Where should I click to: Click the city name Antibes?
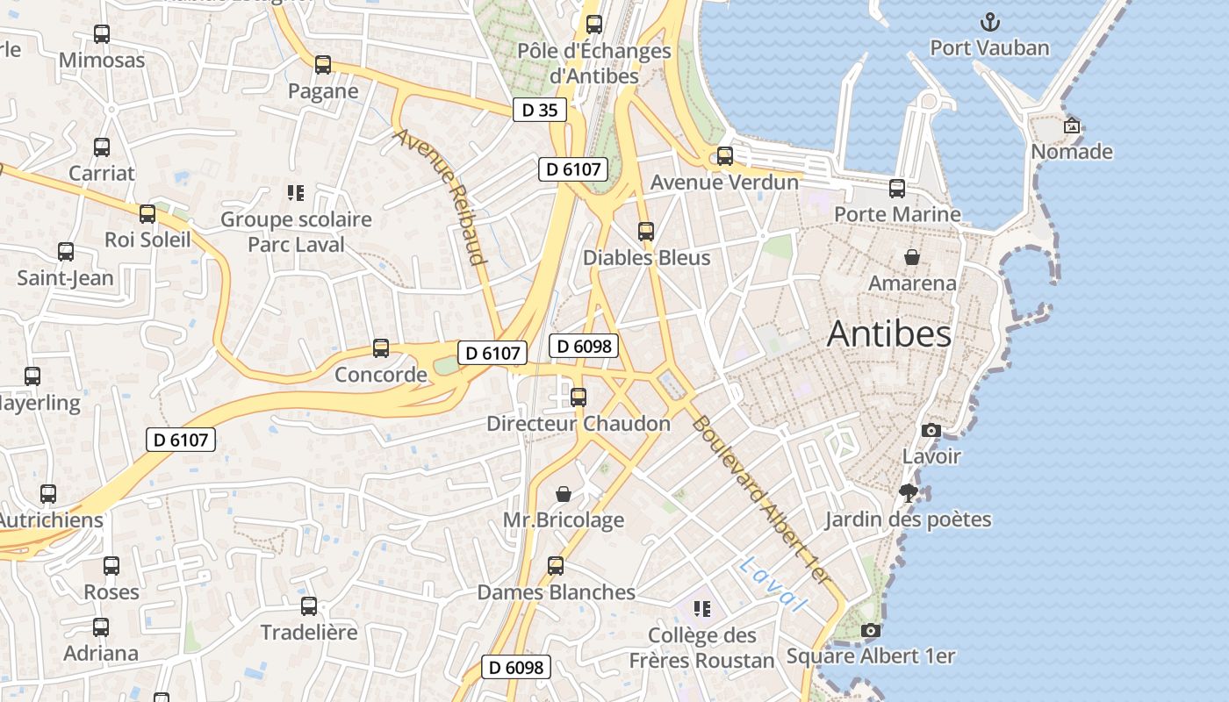[888, 334]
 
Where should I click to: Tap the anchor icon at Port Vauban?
[990, 22]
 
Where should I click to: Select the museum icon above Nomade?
[1071, 125]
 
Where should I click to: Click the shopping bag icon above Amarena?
[912, 257]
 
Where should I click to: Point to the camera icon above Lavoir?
[931, 430]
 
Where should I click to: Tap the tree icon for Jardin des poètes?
[909, 493]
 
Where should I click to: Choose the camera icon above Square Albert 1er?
[871, 630]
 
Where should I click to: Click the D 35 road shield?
[539, 111]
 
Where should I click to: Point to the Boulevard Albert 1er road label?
[760, 499]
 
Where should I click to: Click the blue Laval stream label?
[773, 584]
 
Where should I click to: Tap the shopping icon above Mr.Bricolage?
[564, 494]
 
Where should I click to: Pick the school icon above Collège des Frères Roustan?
[701, 608]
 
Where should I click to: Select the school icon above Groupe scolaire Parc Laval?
[296, 192]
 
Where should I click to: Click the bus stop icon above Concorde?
[381, 348]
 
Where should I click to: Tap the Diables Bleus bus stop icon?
[646, 232]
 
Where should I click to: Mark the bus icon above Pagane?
[323, 65]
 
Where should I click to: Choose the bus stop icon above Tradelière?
[309, 606]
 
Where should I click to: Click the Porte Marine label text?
[897, 214]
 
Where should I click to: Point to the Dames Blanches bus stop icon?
[556, 566]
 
